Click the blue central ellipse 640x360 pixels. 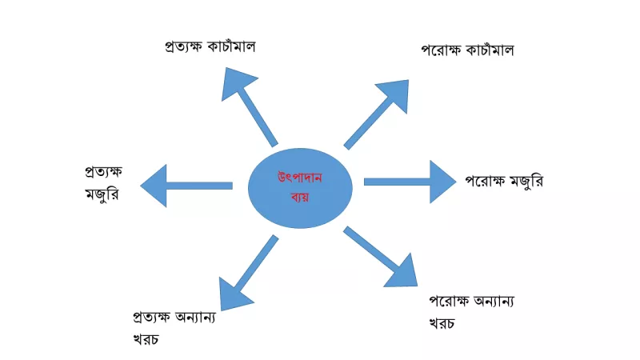coord(300,188)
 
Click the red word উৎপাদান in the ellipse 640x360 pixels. coord(300,178)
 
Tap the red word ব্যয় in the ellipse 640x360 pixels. coord(300,197)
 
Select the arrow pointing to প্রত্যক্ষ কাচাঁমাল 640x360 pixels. coord(249,106)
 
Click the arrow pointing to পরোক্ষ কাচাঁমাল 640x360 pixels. coord(376,114)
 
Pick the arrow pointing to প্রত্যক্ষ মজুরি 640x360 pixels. coord(186,186)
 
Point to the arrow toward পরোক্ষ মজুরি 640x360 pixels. coord(410,182)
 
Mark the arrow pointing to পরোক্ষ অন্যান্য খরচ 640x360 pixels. coord(381,257)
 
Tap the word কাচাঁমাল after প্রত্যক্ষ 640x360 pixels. coord(231,46)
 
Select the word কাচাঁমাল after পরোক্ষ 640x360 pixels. coord(490,50)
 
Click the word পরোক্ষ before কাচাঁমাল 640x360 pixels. coord(442,50)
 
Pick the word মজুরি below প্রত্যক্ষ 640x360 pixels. coord(102,193)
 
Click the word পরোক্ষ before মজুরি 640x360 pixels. coord(486,181)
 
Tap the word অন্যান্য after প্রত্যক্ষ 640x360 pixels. coord(195,317)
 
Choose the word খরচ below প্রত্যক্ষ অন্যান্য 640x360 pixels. coord(146,339)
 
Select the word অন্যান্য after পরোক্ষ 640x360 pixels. coord(494,302)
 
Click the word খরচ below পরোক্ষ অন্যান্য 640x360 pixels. coord(442,323)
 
